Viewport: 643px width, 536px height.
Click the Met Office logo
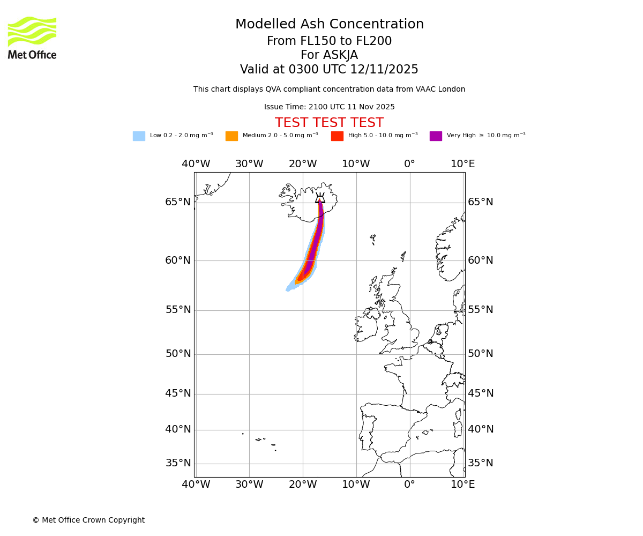tap(32, 38)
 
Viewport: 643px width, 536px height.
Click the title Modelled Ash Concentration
tap(329, 25)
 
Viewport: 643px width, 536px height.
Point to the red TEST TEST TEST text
tap(329, 123)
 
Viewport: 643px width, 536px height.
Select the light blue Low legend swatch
tap(139, 136)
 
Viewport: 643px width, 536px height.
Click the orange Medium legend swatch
tap(231, 136)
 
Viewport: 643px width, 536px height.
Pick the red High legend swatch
tap(337, 136)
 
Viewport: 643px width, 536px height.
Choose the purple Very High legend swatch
tap(436, 136)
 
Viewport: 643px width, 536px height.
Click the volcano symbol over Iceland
tap(320, 198)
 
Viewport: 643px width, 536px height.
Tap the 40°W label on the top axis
tap(196, 164)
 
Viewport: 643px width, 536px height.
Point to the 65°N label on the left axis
tap(178, 202)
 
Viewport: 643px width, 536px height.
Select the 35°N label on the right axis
tap(481, 463)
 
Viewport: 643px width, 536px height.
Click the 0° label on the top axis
tap(409, 164)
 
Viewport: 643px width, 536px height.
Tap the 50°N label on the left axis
tap(178, 354)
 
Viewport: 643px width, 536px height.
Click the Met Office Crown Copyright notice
tap(88, 520)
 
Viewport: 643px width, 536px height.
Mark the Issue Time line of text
tap(329, 107)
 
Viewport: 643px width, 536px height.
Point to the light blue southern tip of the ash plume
tap(290, 289)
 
